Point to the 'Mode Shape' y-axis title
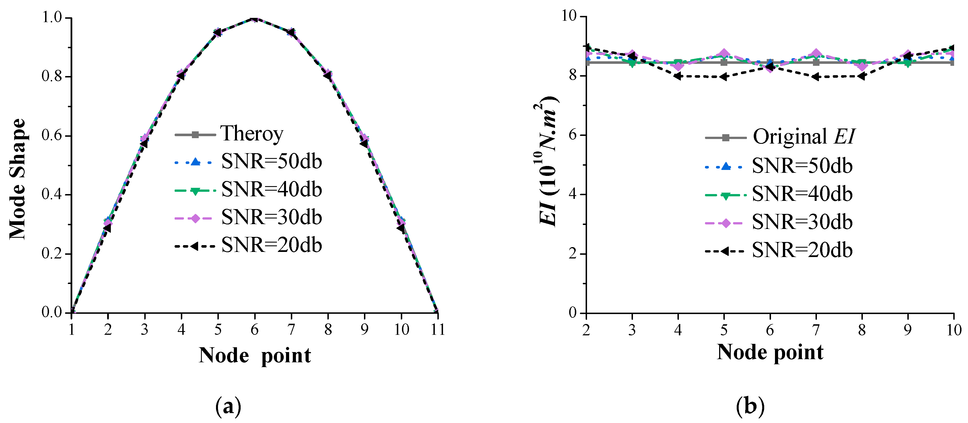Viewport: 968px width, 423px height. pos(18,179)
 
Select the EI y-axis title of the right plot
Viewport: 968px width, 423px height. pos(547,162)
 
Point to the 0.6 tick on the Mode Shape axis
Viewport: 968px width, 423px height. pos(52,135)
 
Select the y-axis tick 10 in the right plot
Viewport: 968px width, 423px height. pos(569,16)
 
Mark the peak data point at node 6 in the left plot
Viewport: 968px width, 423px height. pos(254,18)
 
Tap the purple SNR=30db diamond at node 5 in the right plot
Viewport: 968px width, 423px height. pos(724,54)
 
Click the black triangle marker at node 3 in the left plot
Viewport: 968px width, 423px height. pos(144,143)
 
